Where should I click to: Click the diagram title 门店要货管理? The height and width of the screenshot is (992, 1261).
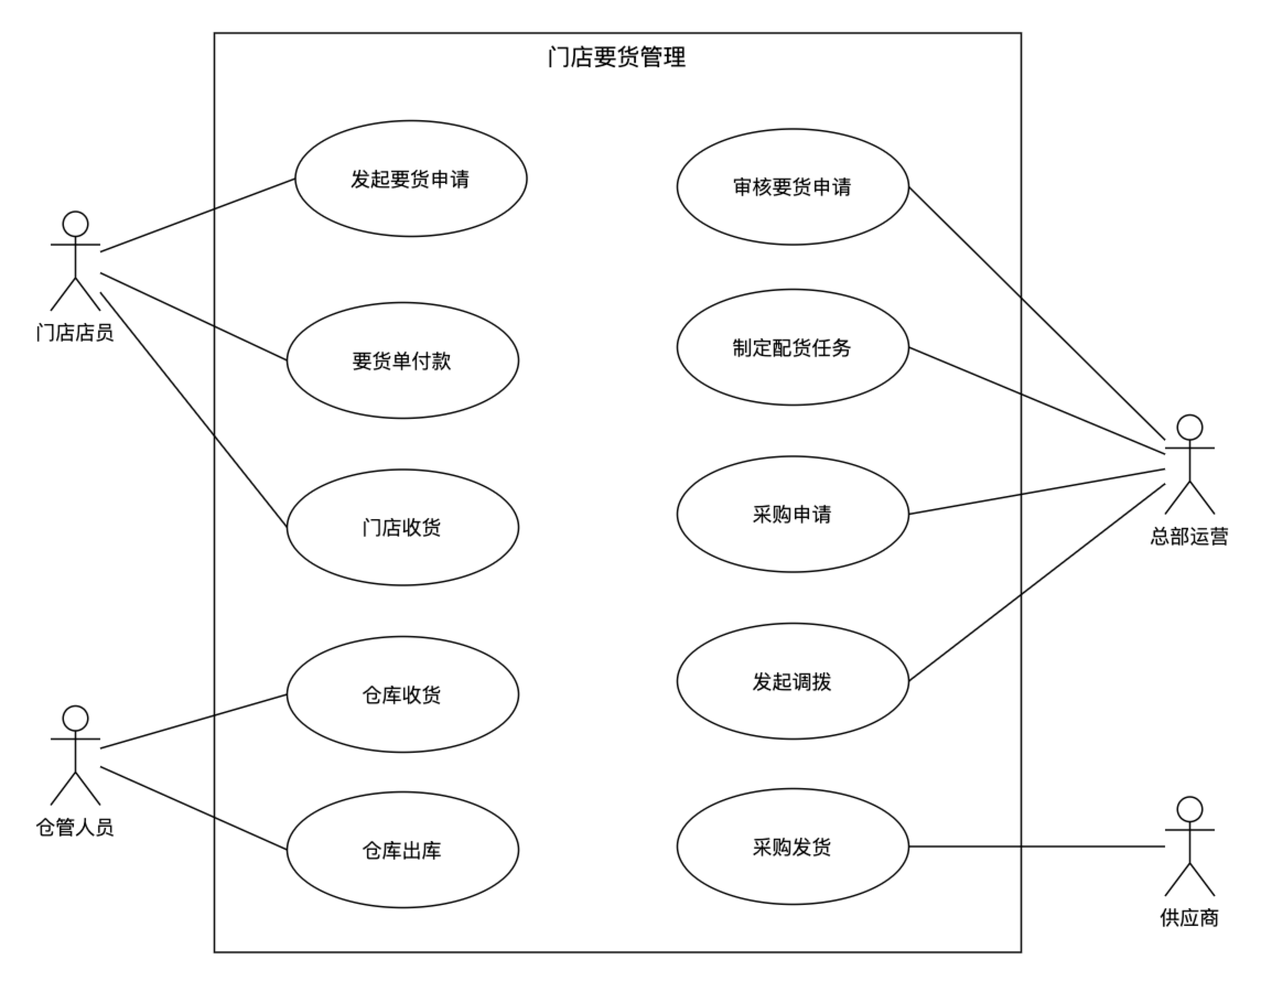617,57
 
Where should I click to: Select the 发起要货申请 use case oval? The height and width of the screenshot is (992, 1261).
411,179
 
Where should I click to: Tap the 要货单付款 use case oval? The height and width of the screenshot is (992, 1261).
402,360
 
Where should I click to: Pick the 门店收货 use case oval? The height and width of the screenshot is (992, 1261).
402,527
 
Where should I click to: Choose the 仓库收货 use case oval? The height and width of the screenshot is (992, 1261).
402,694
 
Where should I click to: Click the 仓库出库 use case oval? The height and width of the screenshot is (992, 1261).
402,850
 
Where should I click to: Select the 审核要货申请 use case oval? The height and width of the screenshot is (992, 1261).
793,186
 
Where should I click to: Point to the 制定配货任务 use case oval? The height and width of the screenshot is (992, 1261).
793,347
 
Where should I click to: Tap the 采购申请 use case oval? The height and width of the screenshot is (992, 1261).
793,514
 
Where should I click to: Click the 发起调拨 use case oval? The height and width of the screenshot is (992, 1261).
793,681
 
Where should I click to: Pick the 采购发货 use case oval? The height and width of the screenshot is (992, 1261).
793,846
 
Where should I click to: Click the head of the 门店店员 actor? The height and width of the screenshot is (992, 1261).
76,224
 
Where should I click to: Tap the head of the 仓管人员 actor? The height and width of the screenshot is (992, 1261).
76,719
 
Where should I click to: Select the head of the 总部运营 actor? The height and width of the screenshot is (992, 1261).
1189,428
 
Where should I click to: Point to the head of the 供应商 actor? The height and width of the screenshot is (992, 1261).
1189,810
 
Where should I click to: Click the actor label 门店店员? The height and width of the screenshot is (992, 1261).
75,333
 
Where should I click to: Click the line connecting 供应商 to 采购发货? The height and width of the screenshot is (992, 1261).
1037,846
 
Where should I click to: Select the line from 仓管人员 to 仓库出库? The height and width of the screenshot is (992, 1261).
193,808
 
